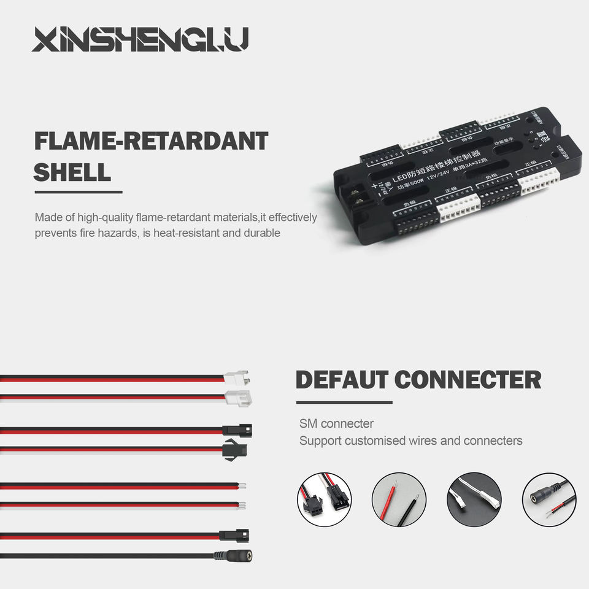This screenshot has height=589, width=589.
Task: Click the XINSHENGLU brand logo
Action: pyautogui.click(x=141, y=39)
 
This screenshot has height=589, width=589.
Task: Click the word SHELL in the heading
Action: pyautogui.click(x=72, y=172)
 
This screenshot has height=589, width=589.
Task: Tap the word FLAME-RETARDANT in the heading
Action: pyautogui.click(x=151, y=141)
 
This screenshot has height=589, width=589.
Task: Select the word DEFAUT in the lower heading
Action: pyautogui.click(x=342, y=380)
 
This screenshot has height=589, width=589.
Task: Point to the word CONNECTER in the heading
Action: pyautogui.click(x=468, y=380)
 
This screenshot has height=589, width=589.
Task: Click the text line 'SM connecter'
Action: pyautogui.click(x=336, y=423)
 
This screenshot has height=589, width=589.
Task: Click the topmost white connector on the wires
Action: pyautogui.click(x=237, y=377)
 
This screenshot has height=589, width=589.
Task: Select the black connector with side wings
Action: pyautogui.click(x=236, y=448)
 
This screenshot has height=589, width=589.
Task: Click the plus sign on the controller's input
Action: pyautogui.click(x=374, y=187)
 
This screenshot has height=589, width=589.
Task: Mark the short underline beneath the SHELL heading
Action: pyautogui.click(x=78, y=192)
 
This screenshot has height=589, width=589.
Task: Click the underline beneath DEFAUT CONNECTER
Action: pyautogui.click(x=344, y=402)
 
